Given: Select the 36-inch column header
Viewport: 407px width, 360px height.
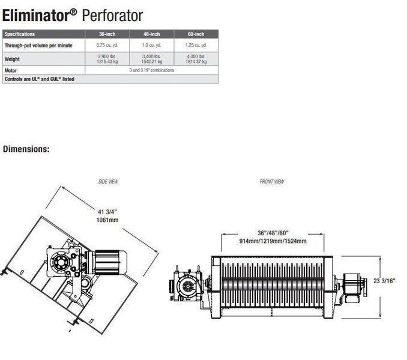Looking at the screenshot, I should (x=107, y=34).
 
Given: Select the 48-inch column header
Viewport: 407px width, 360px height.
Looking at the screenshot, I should (x=151, y=34).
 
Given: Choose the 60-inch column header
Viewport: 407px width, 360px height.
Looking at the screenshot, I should (x=196, y=34).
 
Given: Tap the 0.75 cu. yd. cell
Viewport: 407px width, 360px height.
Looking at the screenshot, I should (x=107, y=45).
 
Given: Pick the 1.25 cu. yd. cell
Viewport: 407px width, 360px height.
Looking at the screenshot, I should (x=196, y=45).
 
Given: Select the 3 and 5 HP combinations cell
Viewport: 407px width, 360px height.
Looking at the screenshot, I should (x=151, y=70).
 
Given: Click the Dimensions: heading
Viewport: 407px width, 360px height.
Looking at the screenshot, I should (x=26, y=149).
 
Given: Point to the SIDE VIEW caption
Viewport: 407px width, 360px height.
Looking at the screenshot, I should (x=108, y=181).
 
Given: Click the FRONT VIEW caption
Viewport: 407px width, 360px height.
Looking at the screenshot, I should (x=272, y=181).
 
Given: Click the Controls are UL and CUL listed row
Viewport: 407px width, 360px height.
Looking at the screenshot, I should (x=39, y=79).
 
